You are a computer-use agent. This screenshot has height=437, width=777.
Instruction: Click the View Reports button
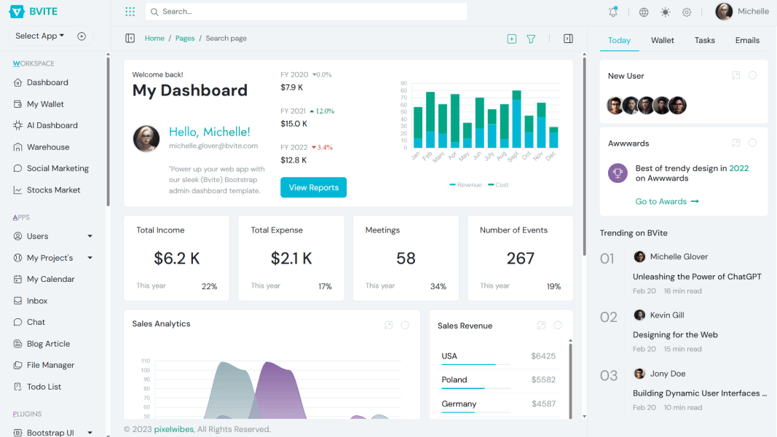(313, 187)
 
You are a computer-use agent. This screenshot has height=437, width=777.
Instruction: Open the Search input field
(306, 12)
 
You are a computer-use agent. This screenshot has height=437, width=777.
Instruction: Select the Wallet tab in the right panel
(662, 41)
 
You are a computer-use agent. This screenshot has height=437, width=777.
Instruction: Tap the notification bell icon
(613, 12)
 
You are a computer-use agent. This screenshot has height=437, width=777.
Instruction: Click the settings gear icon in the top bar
(687, 12)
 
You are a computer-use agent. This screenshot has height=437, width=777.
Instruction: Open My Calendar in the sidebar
(50, 279)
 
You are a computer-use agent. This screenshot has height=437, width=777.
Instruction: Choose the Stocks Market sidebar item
(53, 190)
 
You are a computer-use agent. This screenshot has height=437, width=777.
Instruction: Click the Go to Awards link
(666, 202)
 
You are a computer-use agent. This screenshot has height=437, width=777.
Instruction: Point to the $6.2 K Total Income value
(177, 259)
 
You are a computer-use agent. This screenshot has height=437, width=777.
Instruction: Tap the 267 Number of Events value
(521, 259)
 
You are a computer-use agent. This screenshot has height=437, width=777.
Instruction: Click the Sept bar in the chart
(516, 120)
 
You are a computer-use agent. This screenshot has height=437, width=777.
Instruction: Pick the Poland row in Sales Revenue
(454, 379)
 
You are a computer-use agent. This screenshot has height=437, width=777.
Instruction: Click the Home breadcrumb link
(154, 39)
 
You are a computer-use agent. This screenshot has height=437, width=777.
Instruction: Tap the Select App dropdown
(40, 36)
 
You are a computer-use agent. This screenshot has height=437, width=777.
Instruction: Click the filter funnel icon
(531, 39)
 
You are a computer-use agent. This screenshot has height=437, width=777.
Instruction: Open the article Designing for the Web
(675, 335)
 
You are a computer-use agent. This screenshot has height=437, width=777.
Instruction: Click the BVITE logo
(33, 12)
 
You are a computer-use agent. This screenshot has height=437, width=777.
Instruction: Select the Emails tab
(747, 41)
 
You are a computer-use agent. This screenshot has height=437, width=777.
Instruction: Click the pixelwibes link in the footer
(173, 430)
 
